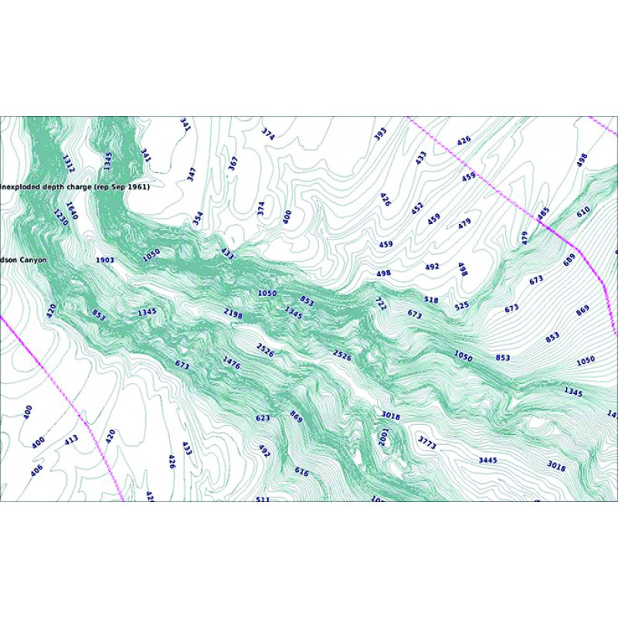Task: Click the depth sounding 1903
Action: point(105,260)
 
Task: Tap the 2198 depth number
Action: point(233,312)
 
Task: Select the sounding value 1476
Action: point(232,362)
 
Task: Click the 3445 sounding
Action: point(487,460)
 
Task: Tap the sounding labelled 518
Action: point(431,299)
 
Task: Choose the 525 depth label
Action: point(461,306)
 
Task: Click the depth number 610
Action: point(583,210)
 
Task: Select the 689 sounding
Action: point(569,260)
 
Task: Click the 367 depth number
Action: point(233,165)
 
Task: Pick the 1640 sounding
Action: point(72,210)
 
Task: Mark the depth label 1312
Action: point(68,163)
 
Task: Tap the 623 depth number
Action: point(263,418)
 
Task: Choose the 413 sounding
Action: point(71,440)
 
